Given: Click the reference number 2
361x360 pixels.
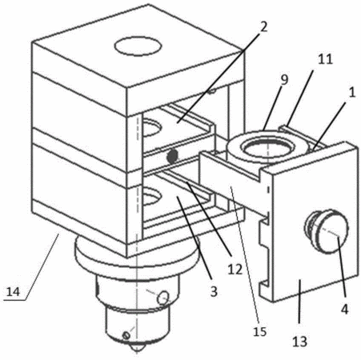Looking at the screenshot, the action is pos(263,26).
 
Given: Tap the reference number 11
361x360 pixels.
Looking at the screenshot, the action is pos(325,59).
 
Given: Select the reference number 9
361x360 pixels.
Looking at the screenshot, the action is pos(284,79).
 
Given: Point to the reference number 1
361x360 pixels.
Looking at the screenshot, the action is pos(352,93).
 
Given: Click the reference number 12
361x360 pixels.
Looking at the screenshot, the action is pos(235,270).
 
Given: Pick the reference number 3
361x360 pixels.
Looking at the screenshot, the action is pos(214,291).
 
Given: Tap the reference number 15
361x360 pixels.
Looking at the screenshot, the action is pos(259,331).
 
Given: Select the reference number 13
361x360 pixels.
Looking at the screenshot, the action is pos(299,342).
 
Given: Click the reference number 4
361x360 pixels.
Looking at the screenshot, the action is pos(345,310).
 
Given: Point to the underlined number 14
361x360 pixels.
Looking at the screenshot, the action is pos(13,291).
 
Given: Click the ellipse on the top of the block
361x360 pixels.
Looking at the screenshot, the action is pos(138,46).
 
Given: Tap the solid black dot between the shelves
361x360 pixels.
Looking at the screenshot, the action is pos(172,157).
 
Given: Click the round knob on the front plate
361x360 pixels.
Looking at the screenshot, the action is pos(327,230).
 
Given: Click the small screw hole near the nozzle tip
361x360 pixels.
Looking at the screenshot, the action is pos(126,335).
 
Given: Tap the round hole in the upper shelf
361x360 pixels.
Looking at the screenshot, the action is pos(151,126).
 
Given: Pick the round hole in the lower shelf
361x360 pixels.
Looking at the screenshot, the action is pos(151,196).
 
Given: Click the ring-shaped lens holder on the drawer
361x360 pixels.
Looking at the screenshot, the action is pos(267,146).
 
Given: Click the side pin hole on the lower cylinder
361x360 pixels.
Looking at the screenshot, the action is pos(163,298).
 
